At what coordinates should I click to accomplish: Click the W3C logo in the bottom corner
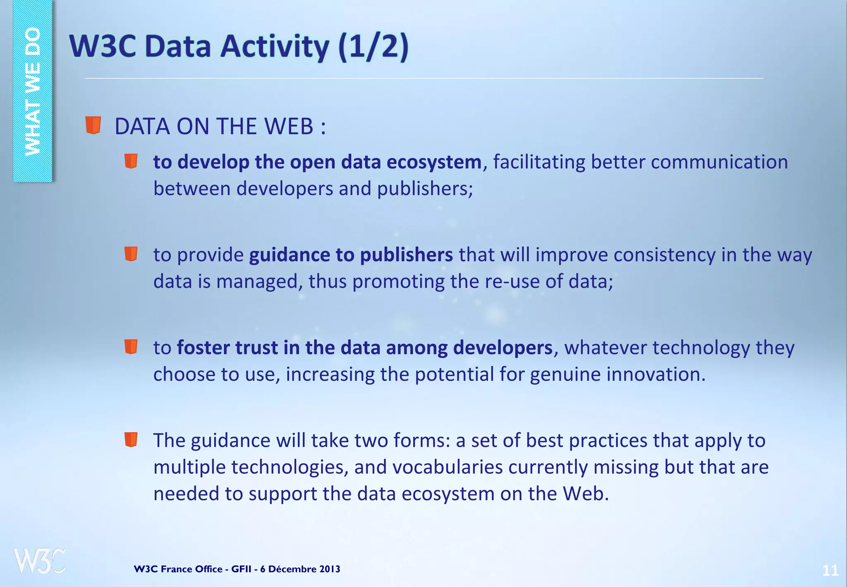39,561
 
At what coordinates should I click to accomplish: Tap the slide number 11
830,570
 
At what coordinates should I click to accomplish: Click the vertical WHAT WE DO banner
33,91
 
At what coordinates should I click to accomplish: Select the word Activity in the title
274,46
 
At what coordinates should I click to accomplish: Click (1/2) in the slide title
373,46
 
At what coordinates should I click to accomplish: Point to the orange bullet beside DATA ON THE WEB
93,125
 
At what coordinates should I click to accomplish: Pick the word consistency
664,255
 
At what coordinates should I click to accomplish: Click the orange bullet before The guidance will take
131,440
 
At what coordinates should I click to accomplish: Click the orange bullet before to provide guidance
131,254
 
